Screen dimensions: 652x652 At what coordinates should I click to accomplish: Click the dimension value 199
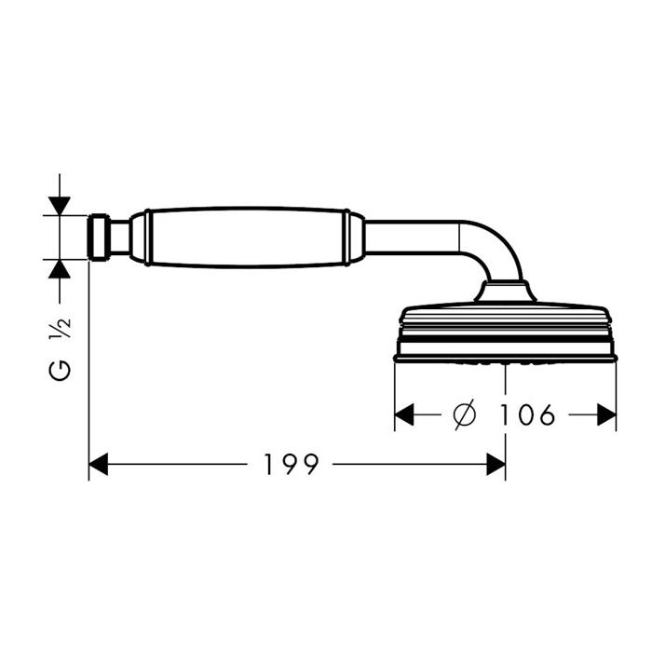[292, 464]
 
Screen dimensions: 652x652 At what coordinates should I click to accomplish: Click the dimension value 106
[526, 414]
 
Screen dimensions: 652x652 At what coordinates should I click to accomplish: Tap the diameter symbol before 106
[465, 414]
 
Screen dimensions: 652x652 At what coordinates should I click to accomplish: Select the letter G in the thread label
[60, 371]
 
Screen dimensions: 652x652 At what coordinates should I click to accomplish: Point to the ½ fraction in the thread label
[60, 329]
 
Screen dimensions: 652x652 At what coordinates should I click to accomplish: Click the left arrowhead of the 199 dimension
[99, 464]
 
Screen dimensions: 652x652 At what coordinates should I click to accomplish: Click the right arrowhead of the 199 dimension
[496, 464]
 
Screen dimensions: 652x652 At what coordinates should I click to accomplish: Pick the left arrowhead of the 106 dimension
[404, 414]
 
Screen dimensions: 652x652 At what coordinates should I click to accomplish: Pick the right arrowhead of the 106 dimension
[606, 414]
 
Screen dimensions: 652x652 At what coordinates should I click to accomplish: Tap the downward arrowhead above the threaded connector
[60, 206]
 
